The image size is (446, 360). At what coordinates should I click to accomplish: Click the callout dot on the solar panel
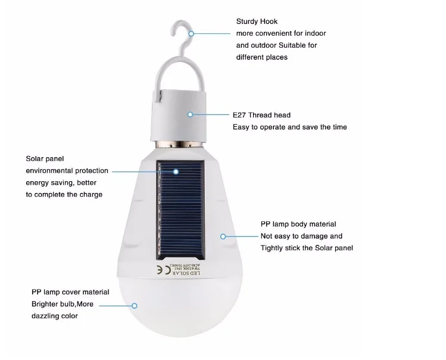(176, 171)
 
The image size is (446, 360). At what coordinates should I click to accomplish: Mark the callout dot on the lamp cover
(135, 305)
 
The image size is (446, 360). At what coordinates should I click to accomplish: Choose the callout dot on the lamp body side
(223, 237)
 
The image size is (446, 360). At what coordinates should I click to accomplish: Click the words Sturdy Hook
(258, 22)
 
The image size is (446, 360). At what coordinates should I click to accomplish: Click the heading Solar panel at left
(45, 159)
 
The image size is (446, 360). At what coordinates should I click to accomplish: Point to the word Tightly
(275, 248)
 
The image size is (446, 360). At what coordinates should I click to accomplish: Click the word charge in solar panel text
(91, 194)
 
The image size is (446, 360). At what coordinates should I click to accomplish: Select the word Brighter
(47, 304)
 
